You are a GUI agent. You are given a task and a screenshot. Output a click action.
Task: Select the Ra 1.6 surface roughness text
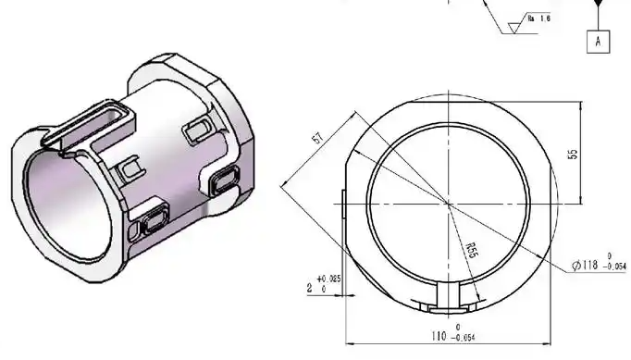pos(538,18)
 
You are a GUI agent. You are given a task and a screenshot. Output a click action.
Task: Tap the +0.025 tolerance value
pos(328,278)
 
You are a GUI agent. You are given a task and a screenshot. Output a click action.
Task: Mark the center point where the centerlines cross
pos(450,203)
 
